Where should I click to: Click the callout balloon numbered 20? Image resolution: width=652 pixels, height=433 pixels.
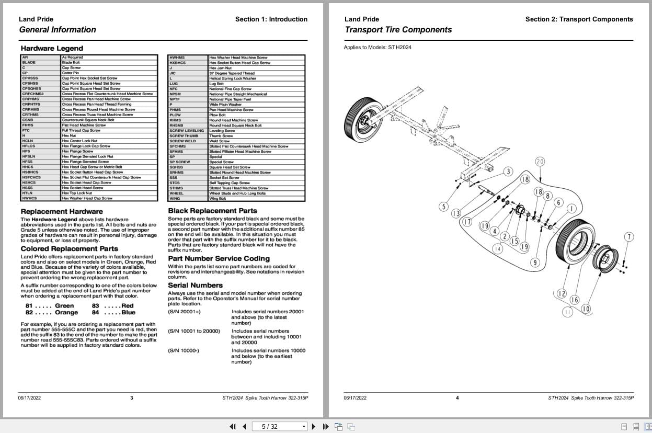click(x=540, y=162)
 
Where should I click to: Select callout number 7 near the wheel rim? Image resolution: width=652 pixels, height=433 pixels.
click(x=629, y=237)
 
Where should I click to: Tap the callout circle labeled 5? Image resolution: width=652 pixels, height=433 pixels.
click(x=444, y=207)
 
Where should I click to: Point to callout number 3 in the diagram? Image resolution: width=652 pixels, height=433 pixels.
click(x=508, y=172)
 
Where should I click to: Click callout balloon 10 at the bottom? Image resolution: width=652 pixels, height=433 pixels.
click(x=586, y=309)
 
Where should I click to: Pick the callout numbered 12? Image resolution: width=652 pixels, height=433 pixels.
click(x=562, y=294)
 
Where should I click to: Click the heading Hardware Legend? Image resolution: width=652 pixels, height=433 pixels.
click(x=52, y=49)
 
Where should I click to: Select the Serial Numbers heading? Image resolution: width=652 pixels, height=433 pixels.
click(x=195, y=286)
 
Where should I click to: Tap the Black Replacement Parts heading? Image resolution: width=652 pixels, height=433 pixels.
click(x=212, y=211)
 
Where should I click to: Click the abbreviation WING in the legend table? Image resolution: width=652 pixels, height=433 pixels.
click(x=175, y=199)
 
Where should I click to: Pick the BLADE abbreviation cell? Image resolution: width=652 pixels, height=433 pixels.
click(x=29, y=63)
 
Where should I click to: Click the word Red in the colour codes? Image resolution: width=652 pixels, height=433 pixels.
click(x=127, y=306)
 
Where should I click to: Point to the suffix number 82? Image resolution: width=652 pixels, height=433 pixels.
click(x=29, y=313)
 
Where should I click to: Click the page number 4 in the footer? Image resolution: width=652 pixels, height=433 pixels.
click(x=457, y=398)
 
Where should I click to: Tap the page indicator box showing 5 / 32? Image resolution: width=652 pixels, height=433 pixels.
click(x=279, y=426)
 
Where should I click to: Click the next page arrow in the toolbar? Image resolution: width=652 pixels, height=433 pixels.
click(x=314, y=426)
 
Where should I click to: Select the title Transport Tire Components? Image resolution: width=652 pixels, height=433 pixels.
click(x=398, y=30)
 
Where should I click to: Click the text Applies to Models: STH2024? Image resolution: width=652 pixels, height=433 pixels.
click(x=378, y=48)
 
